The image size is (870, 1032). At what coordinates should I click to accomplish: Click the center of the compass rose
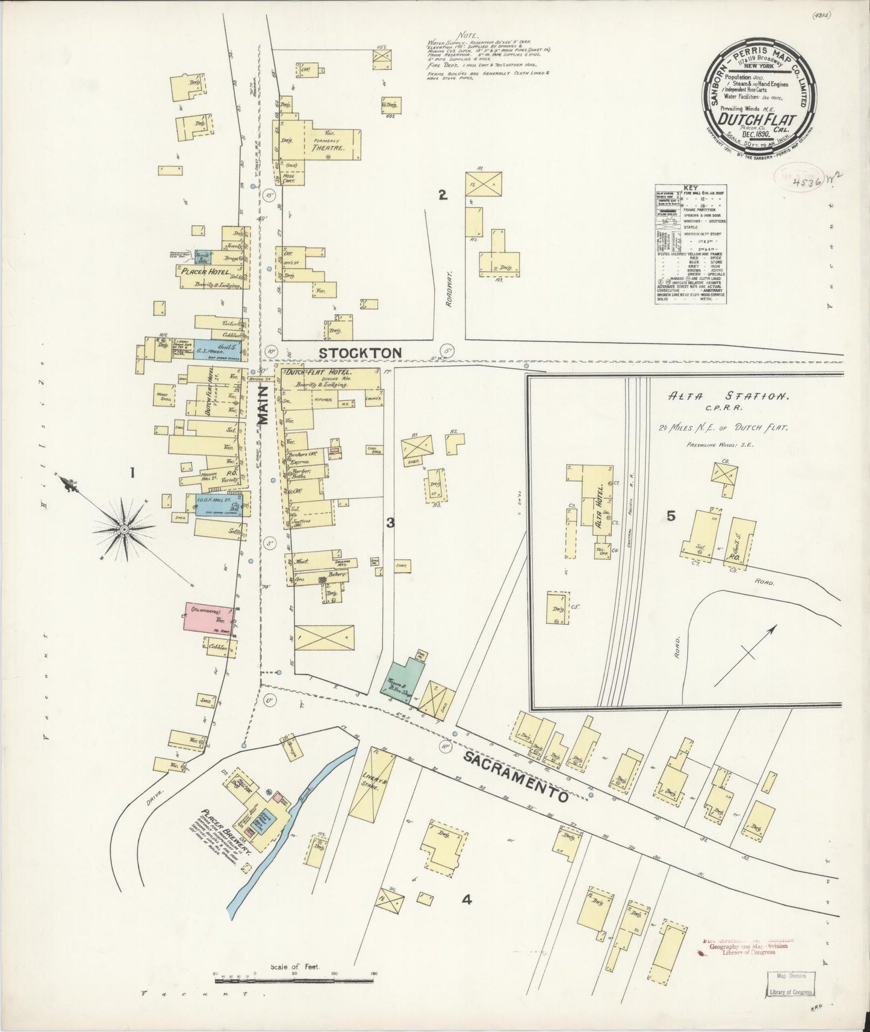(x=123, y=529)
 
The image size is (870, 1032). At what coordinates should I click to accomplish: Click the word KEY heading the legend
(x=690, y=188)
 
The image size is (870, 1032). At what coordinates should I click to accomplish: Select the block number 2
(x=443, y=194)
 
